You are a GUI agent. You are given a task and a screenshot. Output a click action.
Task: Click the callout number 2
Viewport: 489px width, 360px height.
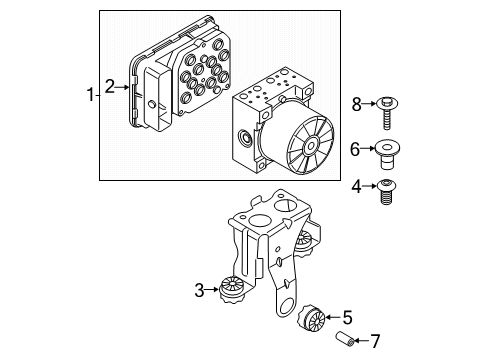tap(111, 88)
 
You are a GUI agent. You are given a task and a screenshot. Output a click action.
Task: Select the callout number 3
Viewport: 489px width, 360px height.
tap(200, 291)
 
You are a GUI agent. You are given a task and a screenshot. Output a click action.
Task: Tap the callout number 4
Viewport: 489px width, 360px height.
tap(356, 185)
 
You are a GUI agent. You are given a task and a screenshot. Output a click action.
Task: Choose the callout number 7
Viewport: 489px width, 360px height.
tap(375, 341)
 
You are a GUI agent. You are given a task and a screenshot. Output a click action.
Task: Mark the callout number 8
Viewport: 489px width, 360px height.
tap(356, 103)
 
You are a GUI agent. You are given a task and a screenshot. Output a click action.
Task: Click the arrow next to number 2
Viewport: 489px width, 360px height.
tap(125, 88)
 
